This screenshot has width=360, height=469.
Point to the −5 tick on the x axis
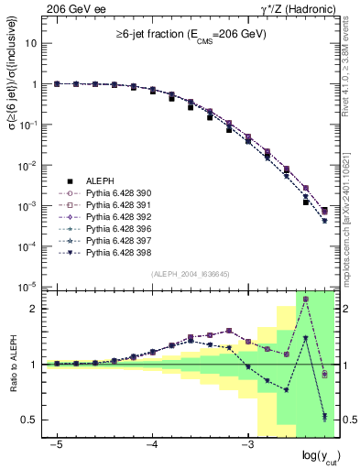57,442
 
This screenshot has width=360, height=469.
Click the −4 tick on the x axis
152,442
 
